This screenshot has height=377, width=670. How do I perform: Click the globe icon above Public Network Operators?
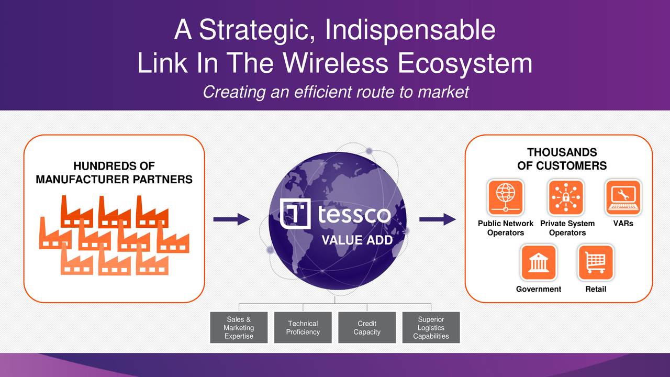[505, 197]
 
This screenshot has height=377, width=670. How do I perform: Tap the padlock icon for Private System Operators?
[566, 197]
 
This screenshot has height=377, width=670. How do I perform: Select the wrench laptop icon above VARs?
[623, 197]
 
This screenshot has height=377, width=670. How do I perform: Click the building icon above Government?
[538, 262]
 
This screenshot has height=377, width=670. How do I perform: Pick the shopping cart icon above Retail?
[595, 262]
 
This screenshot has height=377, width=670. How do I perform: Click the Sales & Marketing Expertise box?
[239, 328]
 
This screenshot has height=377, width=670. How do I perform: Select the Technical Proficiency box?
[303, 328]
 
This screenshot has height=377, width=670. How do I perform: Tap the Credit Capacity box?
[367, 328]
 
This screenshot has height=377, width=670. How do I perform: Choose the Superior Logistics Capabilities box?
[431, 328]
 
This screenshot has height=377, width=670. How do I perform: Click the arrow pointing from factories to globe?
[231, 219]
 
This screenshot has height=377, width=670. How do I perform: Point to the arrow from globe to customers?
[438, 219]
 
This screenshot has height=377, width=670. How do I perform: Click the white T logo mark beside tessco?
[295, 214]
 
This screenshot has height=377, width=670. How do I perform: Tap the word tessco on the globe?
[354, 215]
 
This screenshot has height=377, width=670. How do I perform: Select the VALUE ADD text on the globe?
[356, 240]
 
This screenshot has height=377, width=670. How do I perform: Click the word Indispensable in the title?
[410, 30]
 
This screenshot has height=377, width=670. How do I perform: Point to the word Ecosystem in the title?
[464, 63]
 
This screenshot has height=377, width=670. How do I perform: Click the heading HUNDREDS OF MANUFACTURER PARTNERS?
[114, 173]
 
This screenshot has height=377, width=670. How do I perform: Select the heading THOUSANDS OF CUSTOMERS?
[562, 159]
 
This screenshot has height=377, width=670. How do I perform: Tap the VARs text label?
[623, 224]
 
